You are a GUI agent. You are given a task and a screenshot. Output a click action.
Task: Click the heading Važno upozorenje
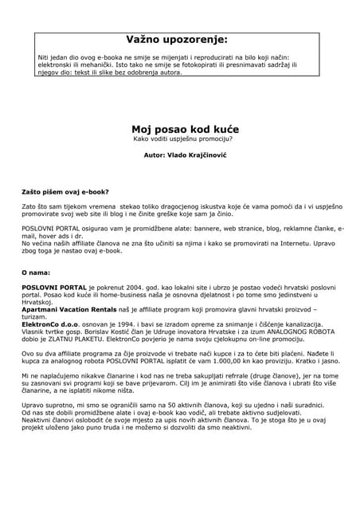[176, 39]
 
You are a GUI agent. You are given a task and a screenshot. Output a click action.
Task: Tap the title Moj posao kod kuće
[185, 127]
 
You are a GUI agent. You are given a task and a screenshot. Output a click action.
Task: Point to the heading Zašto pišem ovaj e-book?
[65, 192]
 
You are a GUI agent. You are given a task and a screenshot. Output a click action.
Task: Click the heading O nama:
[36, 273]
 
